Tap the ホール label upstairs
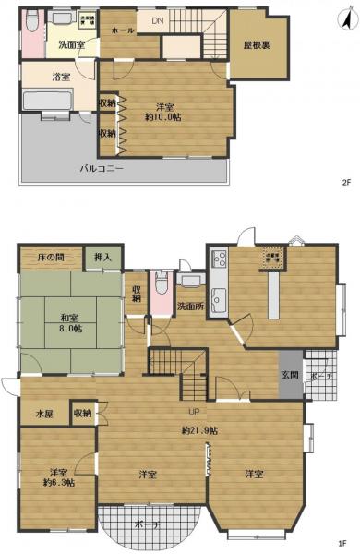pos(123,30)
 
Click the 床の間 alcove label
pos(51,257)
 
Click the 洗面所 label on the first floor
pos(190,305)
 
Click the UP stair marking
pos(196,411)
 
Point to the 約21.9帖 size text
pos(199,430)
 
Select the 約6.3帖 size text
pos(58,481)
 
